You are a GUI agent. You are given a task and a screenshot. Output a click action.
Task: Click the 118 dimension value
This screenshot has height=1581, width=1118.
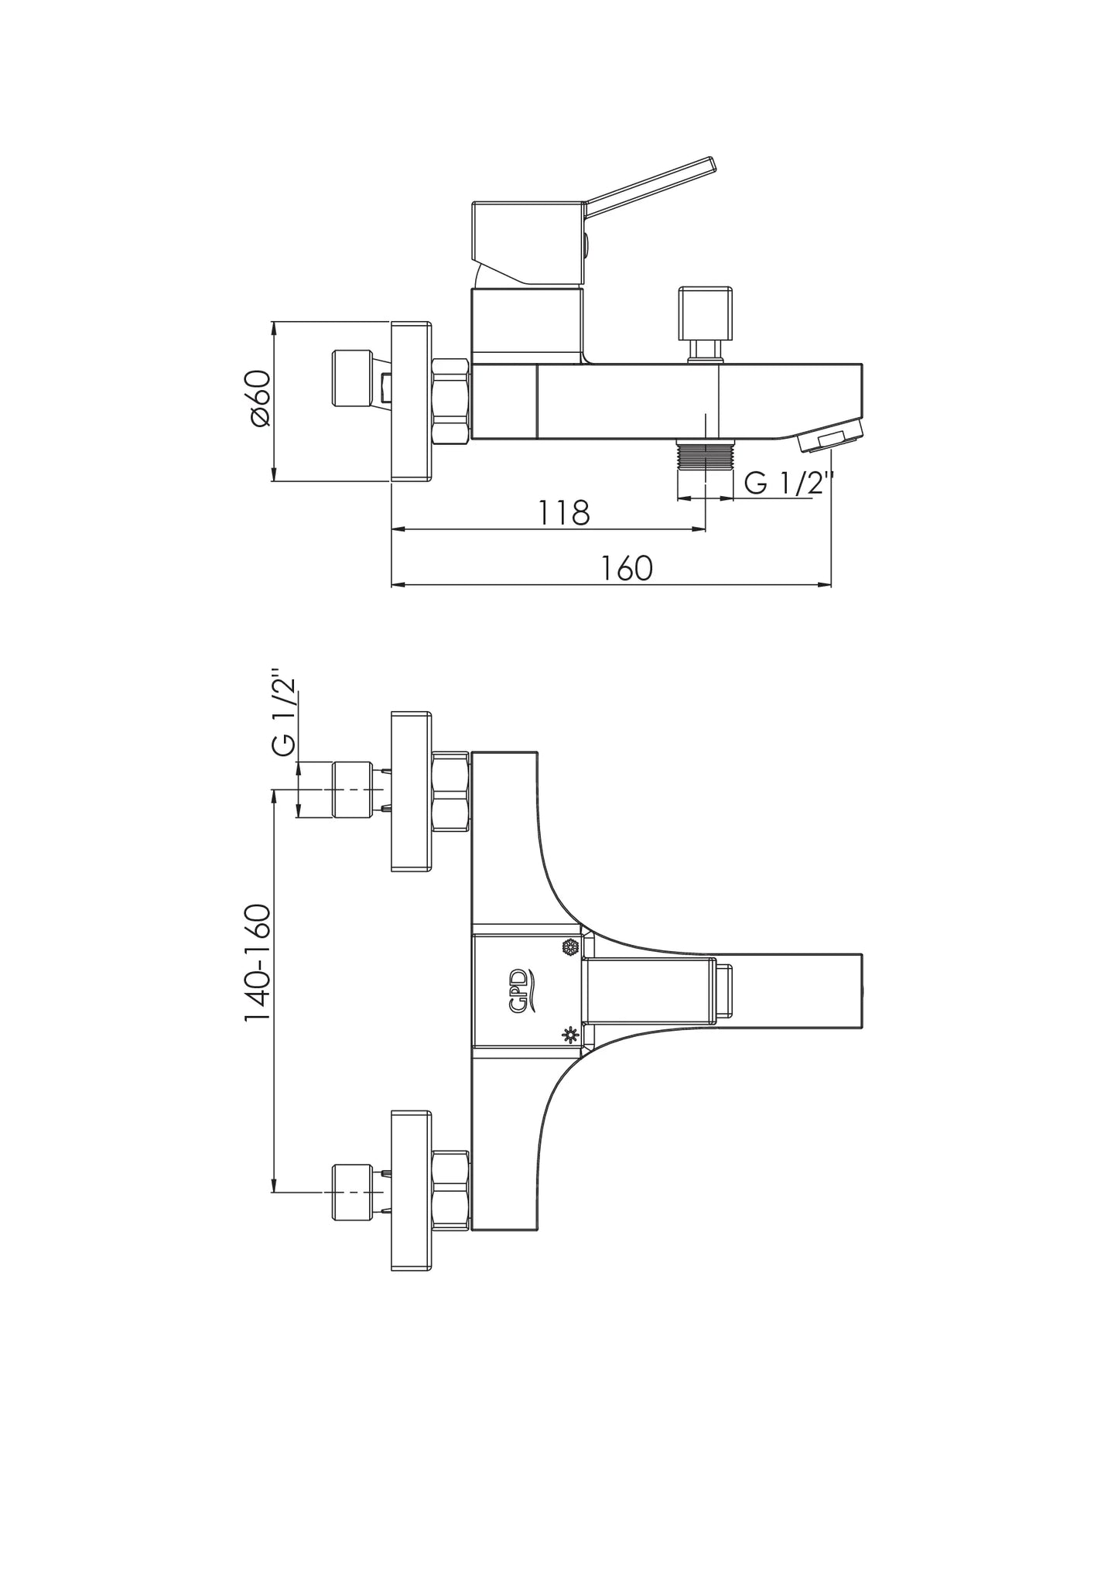point(564,512)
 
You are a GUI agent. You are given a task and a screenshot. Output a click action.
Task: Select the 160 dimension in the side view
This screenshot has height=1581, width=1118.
point(627,569)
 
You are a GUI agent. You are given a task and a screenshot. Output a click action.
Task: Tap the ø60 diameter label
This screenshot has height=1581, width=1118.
point(260,398)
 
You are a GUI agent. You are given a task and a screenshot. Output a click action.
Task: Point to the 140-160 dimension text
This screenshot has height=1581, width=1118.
point(258,962)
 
